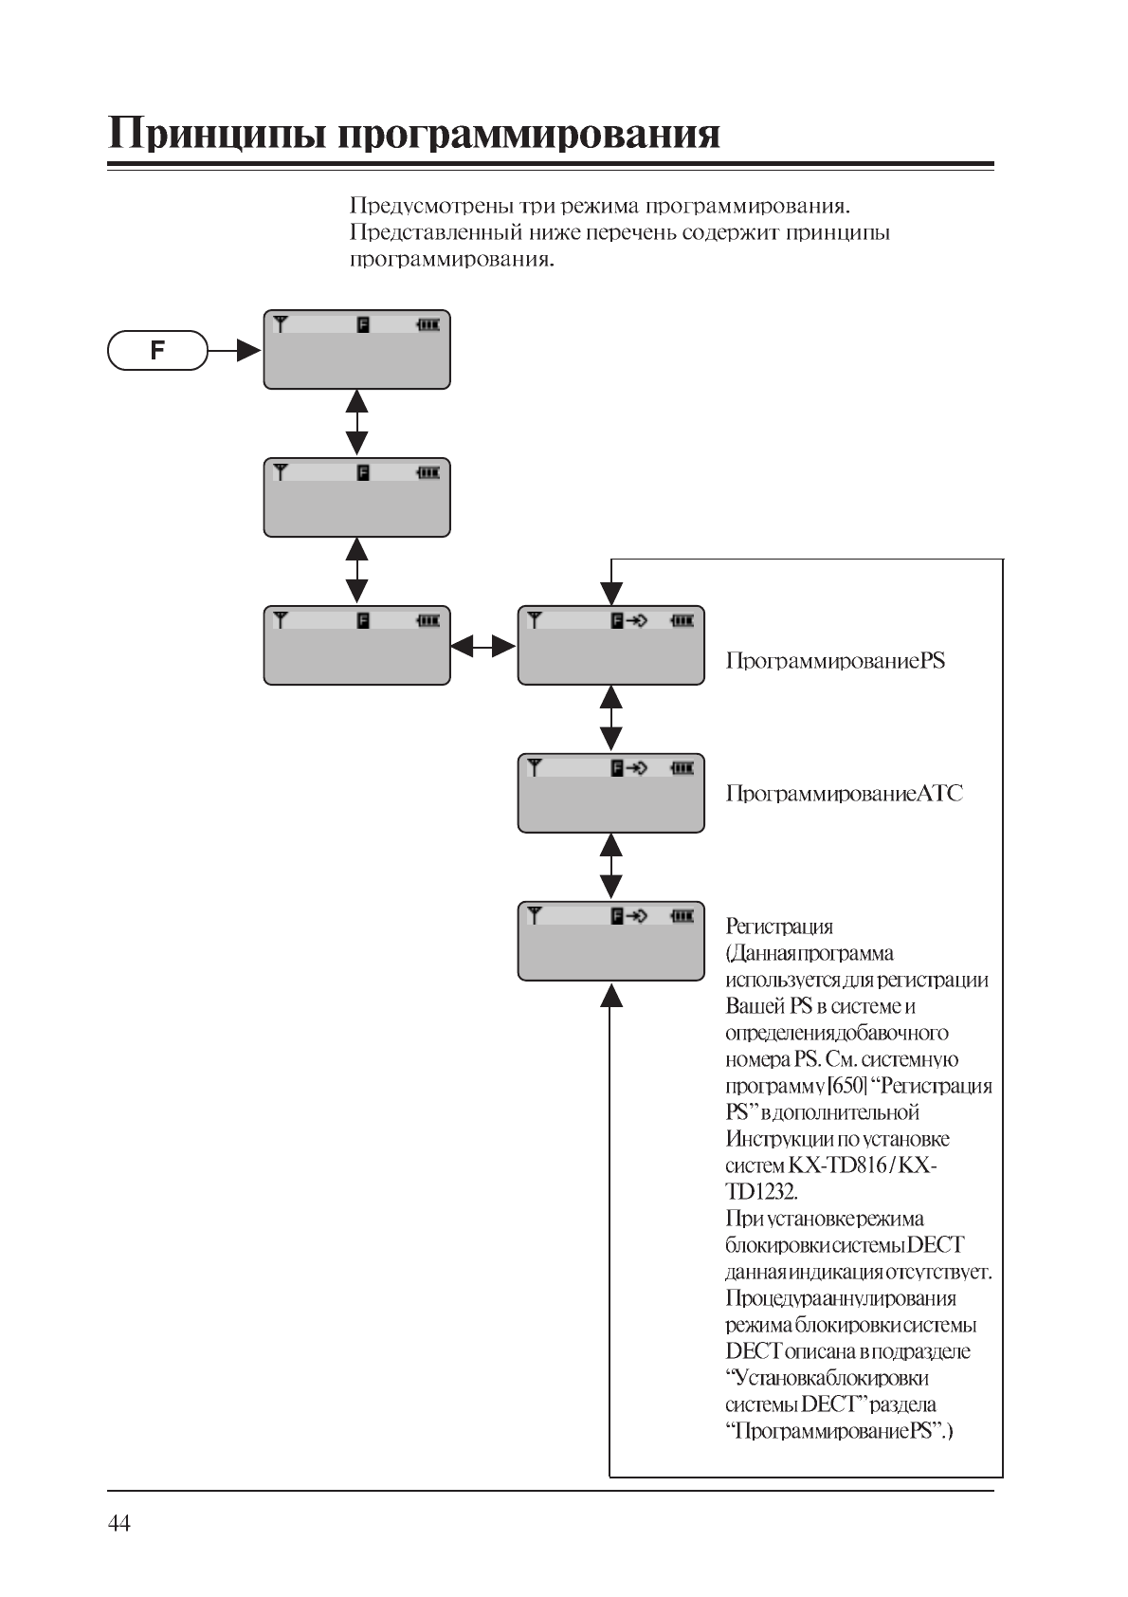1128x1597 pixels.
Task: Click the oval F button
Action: tap(157, 350)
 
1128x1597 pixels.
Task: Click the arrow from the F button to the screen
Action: tap(234, 351)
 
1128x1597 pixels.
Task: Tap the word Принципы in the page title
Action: tap(216, 134)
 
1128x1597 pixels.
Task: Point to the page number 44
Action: tap(119, 1524)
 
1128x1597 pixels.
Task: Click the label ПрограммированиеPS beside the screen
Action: tap(835, 661)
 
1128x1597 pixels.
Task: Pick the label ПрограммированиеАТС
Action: tap(844, 794)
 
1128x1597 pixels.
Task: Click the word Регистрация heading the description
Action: tap(779, 927)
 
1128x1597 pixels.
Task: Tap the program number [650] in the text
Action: tap(847, 1086)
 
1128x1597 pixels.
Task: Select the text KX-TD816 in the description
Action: tap(840, 1166)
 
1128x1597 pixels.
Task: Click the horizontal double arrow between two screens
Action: tap(483, 647)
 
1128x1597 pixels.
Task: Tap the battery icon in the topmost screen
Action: tap(428, 324)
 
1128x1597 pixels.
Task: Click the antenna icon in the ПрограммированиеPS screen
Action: tap(535, 620)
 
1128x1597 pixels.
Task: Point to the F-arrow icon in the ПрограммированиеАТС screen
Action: tap(629, 768)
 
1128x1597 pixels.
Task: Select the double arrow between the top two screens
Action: tap(356, 423)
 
